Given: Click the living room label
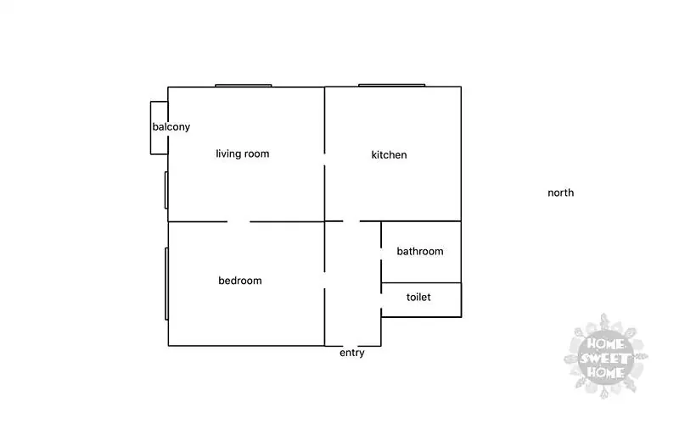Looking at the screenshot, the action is click(x=243, y=153).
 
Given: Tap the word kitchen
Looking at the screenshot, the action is click(x=389, y=155).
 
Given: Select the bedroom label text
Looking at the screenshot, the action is click(x=240, y=281).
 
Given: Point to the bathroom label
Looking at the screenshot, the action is click(x=420, y=251).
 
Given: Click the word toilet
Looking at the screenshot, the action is click(x=418, y=297).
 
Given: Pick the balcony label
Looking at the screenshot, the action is click(x=171, y=126).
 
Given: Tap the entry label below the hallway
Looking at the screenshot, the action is click(x=351, y=353).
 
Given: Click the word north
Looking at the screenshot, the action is click(x=561, y=192).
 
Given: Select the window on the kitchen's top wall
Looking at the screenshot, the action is click(x=391, y=86).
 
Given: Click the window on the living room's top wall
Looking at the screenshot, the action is click(x=244, y=86).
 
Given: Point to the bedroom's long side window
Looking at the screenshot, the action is click(x=166, y=284).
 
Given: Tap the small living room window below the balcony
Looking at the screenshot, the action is click(x=166, y=190).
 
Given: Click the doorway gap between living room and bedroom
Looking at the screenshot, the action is click(x=238, y=222).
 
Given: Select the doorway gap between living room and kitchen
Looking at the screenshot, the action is click(x=324, y=159).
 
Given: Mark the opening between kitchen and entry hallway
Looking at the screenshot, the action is click(x=351, y=221).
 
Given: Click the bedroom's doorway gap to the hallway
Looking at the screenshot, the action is click(x=324, y=281).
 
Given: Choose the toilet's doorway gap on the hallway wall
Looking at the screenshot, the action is click(x=381, y=301).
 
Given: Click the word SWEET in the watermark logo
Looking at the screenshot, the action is click(x=605, y=359).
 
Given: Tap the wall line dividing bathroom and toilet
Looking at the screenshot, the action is click(x=421, y=283).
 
